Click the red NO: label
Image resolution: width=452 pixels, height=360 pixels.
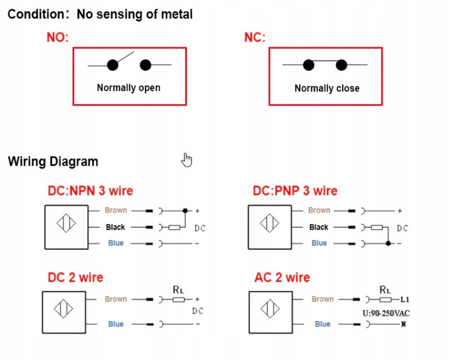(57, 38)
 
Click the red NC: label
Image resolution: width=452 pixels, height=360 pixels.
(254, 38)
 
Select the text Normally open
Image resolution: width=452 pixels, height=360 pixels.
(128, 88)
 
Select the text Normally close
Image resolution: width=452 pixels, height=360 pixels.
(326, 88)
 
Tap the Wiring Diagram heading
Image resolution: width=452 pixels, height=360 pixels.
(53, 161)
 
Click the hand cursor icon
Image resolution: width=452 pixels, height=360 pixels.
(186, 160)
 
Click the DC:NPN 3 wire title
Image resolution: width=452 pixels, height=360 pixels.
(90, 191)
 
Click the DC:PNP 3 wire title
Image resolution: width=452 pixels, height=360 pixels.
(295, 191)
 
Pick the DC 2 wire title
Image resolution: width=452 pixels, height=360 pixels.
(75, 277)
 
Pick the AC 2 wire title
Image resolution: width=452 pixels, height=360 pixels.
(282, 277)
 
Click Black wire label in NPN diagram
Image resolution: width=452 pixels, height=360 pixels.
(116, 227)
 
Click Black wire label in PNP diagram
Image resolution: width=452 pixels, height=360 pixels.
(319, 227)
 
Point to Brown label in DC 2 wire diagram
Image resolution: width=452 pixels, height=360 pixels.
(116, 299)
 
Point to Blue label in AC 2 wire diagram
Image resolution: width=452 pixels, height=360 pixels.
(323, 324)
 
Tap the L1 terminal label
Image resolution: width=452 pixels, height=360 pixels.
(405, 299)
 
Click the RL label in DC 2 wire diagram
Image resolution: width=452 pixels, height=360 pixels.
(178, 289)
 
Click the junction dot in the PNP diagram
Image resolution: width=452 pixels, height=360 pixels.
(390, 243)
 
